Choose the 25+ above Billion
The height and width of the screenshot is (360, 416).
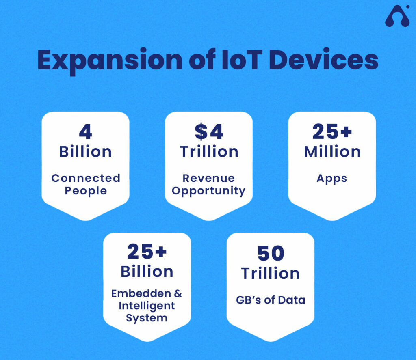(x=147, y=252)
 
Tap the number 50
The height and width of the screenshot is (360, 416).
(x=270, y=253)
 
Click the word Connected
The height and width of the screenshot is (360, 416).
(x=86, y=178)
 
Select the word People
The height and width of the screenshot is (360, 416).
(x=86, y=191)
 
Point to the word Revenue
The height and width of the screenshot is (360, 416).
(x=209, y=178)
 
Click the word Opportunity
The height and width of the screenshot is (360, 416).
(x=209, y=191)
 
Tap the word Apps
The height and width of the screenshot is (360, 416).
(x=332, y=179)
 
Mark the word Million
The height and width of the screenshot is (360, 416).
(x=332, y=152)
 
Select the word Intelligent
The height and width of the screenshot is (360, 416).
(x=147, y=306)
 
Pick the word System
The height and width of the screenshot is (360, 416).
(x=147, y=318)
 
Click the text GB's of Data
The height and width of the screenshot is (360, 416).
(x=270, y=300)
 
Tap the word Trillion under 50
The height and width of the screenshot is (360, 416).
(x=270, y=273)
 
